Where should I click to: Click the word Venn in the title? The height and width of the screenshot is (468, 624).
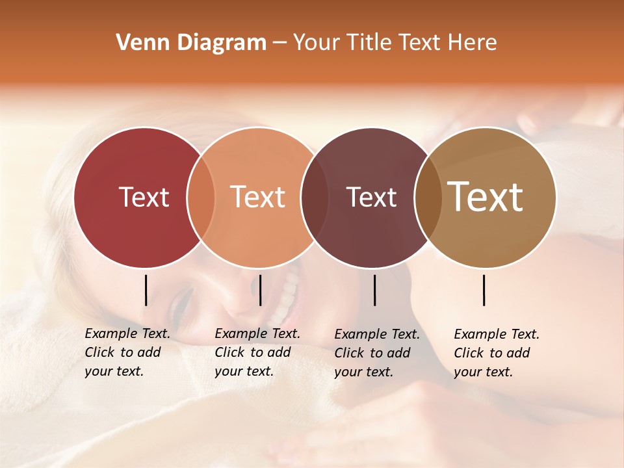pos(138,43)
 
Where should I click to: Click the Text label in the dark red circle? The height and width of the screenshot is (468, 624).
pos(144,197)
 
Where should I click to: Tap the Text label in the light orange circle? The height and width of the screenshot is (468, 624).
pos(258,197)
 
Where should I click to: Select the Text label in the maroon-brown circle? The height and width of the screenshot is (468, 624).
pos(371,197)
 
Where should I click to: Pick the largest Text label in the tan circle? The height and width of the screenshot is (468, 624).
pos(486,197)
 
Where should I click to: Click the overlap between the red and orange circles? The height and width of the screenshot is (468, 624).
pos(201,198)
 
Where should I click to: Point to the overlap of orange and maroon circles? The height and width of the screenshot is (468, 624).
pos(315,198)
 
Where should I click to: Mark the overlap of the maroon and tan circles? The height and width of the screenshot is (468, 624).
pos(428,198)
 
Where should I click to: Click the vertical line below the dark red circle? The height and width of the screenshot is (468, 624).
pos(146,290)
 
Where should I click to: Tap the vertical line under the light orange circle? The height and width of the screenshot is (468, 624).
pos(260,290)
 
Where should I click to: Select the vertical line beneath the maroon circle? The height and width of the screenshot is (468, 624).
pos(374,290)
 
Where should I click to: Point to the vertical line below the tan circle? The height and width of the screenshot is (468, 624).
pos(484,290)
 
